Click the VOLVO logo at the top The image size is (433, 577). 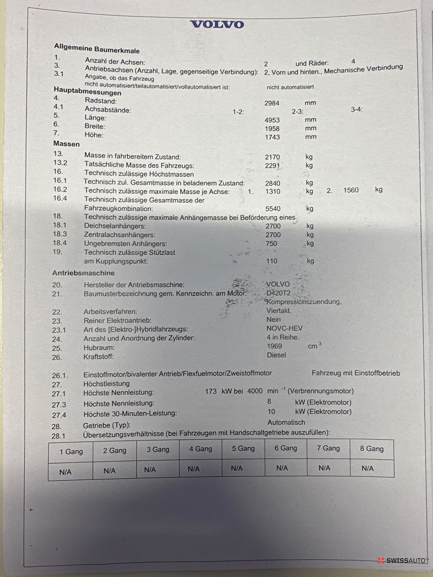(217, 24)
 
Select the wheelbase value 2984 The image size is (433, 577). (272, 103)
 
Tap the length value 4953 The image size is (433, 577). (272, 120)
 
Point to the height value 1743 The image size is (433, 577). (272, 137)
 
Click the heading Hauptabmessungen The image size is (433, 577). (87, 91)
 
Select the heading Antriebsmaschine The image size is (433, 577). (83, 273)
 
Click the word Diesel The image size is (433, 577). (276, 355)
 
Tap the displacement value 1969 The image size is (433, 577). (274, 346)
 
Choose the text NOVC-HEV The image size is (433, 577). (284, 328)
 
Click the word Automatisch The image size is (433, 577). (286, 422)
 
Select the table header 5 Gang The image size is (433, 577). (243, 448)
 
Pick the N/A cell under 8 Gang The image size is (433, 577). (367, 468)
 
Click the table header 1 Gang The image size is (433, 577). (71, 452)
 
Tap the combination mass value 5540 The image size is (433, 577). (273, 209)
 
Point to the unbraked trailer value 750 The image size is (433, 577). (271, 244)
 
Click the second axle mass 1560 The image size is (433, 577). (351, 190)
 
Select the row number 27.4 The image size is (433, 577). (59, 415)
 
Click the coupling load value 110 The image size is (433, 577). (271, 261)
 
